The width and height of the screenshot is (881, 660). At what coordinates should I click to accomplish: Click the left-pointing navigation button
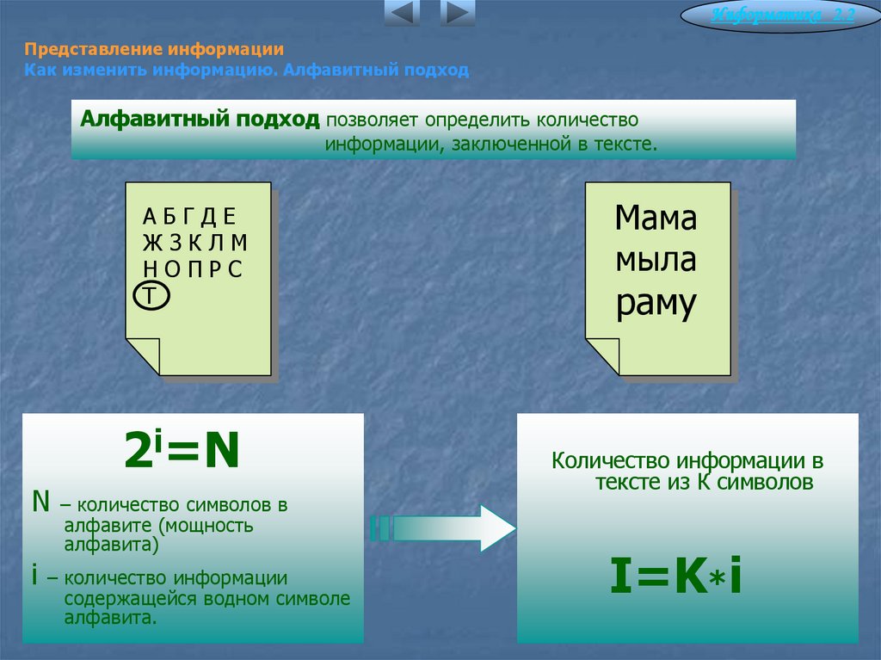tap(402, 13)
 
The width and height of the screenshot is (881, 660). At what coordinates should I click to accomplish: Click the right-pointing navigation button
tap(457, 13)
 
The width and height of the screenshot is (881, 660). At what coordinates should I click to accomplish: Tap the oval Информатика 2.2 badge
tap(781, 16)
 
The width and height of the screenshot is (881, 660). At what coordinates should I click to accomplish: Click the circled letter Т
tap(151, 296)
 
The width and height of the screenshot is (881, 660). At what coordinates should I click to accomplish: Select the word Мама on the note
tap(656, 219)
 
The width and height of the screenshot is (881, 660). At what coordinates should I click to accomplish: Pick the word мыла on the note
tap(656, 260)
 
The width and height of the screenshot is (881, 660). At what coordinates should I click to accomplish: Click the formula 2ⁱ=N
tap(182, 453)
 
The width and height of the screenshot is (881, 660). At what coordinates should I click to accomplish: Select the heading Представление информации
tap(154, 50)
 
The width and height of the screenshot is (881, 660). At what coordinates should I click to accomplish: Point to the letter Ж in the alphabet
tap(152, 242)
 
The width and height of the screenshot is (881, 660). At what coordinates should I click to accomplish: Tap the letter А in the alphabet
tap(149, 216)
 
